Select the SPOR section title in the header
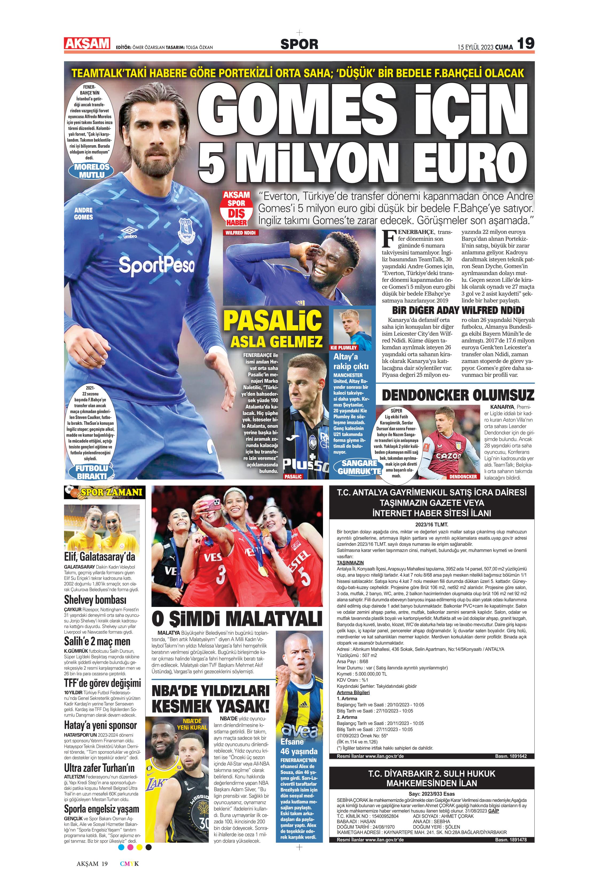coord(299,44)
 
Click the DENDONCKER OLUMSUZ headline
coord(458,395)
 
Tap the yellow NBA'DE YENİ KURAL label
coord(192,724)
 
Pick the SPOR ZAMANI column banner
coord(104,492)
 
